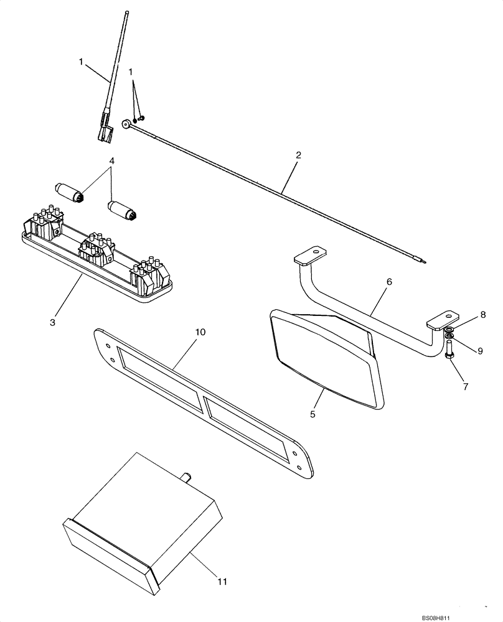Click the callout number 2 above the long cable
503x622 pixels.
[x=298, y=155]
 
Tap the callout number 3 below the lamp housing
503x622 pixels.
[x=53, y=322]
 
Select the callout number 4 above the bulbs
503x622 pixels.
[x=111, y=161]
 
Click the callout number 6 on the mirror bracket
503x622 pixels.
[x=389, y=282]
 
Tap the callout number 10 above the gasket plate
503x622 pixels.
[x=199, y=333]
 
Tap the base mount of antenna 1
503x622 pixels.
[x=103, y=132]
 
